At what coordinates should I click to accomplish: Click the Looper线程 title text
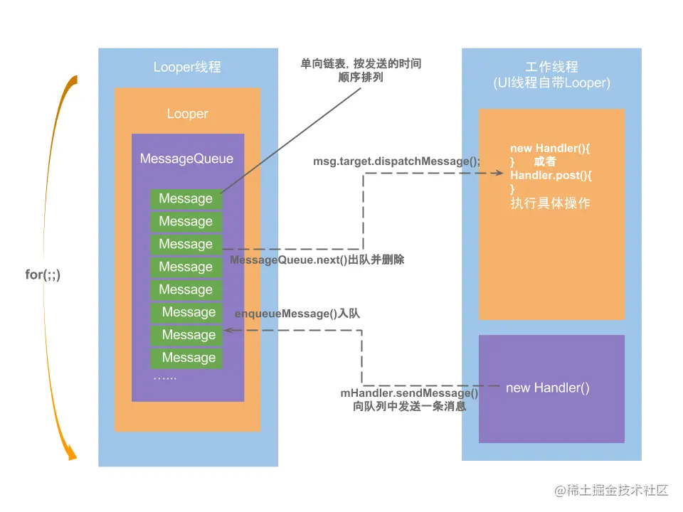[187, 67]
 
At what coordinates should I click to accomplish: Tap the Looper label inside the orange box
[187, 114]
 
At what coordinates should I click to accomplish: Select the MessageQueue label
[186, 159]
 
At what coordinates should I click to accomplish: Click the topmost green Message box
[186, 199]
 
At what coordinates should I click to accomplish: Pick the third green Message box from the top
[186, 245]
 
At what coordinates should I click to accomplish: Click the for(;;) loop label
[43, 274]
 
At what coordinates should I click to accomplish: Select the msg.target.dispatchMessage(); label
[397, 161]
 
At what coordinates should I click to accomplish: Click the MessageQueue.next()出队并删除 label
[317, 260]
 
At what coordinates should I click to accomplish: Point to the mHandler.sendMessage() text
[409, 393]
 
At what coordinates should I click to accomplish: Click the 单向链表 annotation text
[361, 64]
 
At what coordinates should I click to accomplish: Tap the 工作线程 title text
[551, 67]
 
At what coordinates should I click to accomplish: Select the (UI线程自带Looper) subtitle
[551, 83]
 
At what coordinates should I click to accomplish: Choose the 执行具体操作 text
[550, 203]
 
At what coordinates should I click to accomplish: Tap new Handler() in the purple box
[547, 388]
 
